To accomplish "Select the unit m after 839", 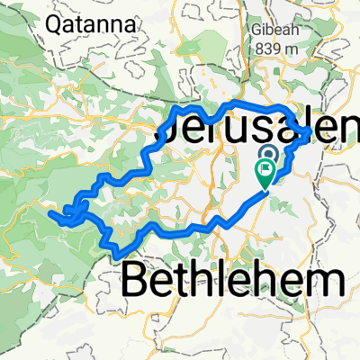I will pyautogui.click(x=288, y=46).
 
